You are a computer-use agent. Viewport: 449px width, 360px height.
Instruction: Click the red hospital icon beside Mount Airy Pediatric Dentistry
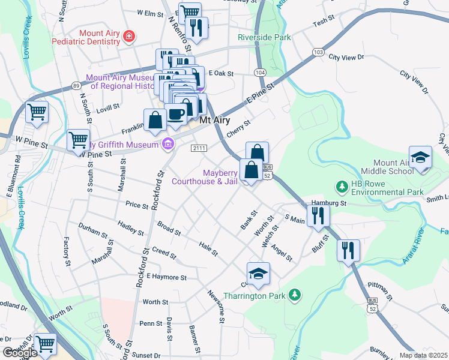click(128, 38)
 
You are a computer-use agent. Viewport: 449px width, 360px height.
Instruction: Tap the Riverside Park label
click(264, 37)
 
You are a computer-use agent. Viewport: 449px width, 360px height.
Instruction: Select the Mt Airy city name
click(215, 120)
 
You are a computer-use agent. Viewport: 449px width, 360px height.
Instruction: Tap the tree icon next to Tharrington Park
click(294, 295)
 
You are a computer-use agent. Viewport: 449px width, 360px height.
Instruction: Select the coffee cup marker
click(176, 115)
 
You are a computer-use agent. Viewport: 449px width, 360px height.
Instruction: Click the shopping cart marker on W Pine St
click(79, 140)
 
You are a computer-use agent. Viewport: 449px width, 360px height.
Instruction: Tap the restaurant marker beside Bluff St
click(348, 250)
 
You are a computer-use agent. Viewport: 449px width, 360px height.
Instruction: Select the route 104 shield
click(259, 72)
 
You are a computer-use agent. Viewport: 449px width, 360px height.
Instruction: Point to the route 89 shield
click(76, 86)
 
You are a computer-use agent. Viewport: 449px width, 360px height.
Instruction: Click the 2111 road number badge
click(199, 148)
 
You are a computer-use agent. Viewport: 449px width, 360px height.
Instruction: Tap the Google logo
click(20, 353)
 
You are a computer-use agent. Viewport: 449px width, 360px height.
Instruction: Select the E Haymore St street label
click(166, 277)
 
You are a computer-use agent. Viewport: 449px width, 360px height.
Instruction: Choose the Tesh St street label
click(323, 22)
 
